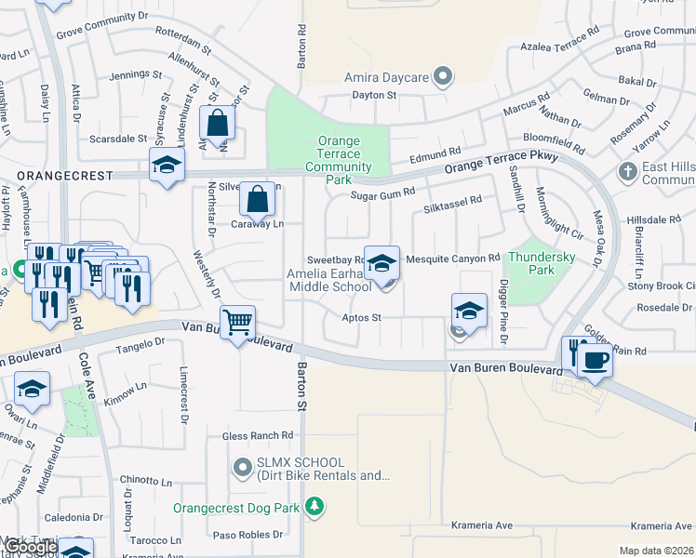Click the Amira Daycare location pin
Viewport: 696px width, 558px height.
point(443,77)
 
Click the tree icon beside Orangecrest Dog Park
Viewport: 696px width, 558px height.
point(316,507)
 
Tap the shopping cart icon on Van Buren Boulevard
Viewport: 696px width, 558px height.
point(238,323)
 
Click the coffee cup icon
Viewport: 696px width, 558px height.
point(596,359)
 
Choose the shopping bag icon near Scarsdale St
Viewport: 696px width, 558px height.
point(217,123)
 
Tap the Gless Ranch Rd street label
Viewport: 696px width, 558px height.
point(258,435)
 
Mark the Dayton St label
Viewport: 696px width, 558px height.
point(374,95)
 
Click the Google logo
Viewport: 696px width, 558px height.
point(30,547)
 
